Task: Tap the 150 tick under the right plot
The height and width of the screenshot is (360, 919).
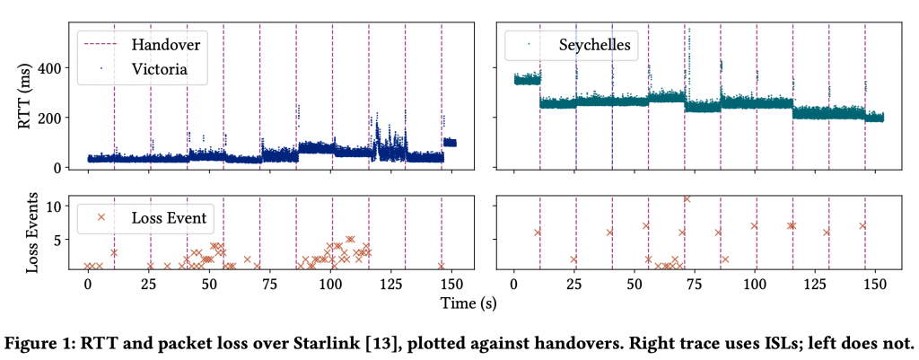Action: click(877, 285)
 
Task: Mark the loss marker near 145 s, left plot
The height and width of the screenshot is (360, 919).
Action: click(442, 266)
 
